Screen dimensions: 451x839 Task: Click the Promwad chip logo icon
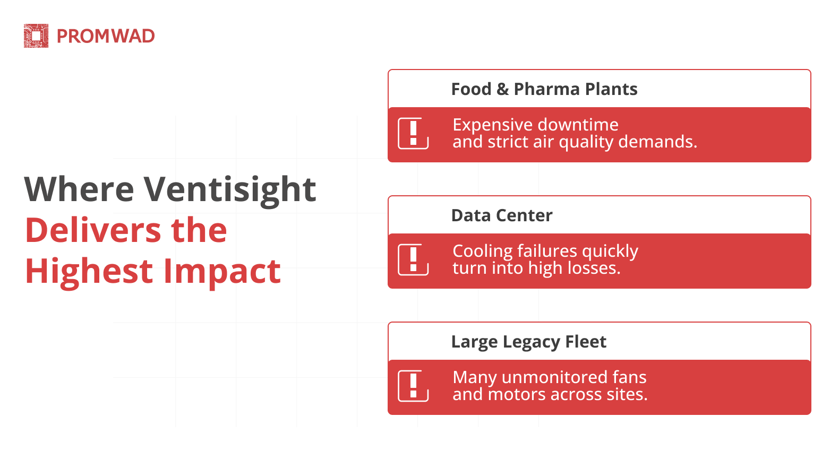pos(36,36)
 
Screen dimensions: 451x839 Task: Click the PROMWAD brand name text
pos(106,36)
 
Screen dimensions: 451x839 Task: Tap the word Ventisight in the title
pos(230,189)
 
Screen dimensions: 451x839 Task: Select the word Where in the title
pos(79,189)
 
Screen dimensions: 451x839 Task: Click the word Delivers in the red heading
pos(93,230)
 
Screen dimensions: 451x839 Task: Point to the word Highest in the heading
pos(89,271)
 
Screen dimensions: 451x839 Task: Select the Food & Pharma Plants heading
pos(544,89)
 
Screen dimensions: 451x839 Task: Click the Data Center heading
pos(501,215)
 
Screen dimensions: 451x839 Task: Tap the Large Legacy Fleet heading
pos(528,342)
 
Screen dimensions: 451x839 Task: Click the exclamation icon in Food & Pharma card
pos(413,133)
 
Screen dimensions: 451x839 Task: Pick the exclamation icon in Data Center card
pos(413,259)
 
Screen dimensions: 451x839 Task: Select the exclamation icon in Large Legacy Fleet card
pos(413,386)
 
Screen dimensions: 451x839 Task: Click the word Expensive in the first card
pos(492,125)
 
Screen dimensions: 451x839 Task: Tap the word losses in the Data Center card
pos(593,268)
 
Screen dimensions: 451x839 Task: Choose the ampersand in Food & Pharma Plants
pos(502,89)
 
